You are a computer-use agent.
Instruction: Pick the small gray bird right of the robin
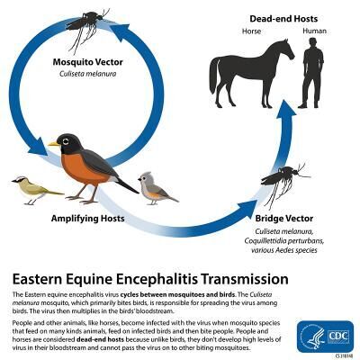point(157,186)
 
